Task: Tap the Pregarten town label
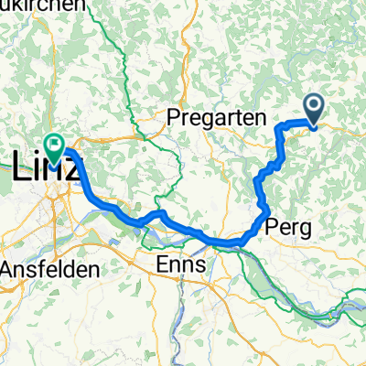tap(216, 118)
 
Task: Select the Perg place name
tap(288, 225)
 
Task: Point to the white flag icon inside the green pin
tap(54, 143)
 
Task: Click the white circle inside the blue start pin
tap(313, 107)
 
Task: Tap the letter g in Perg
tap(304, 228)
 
